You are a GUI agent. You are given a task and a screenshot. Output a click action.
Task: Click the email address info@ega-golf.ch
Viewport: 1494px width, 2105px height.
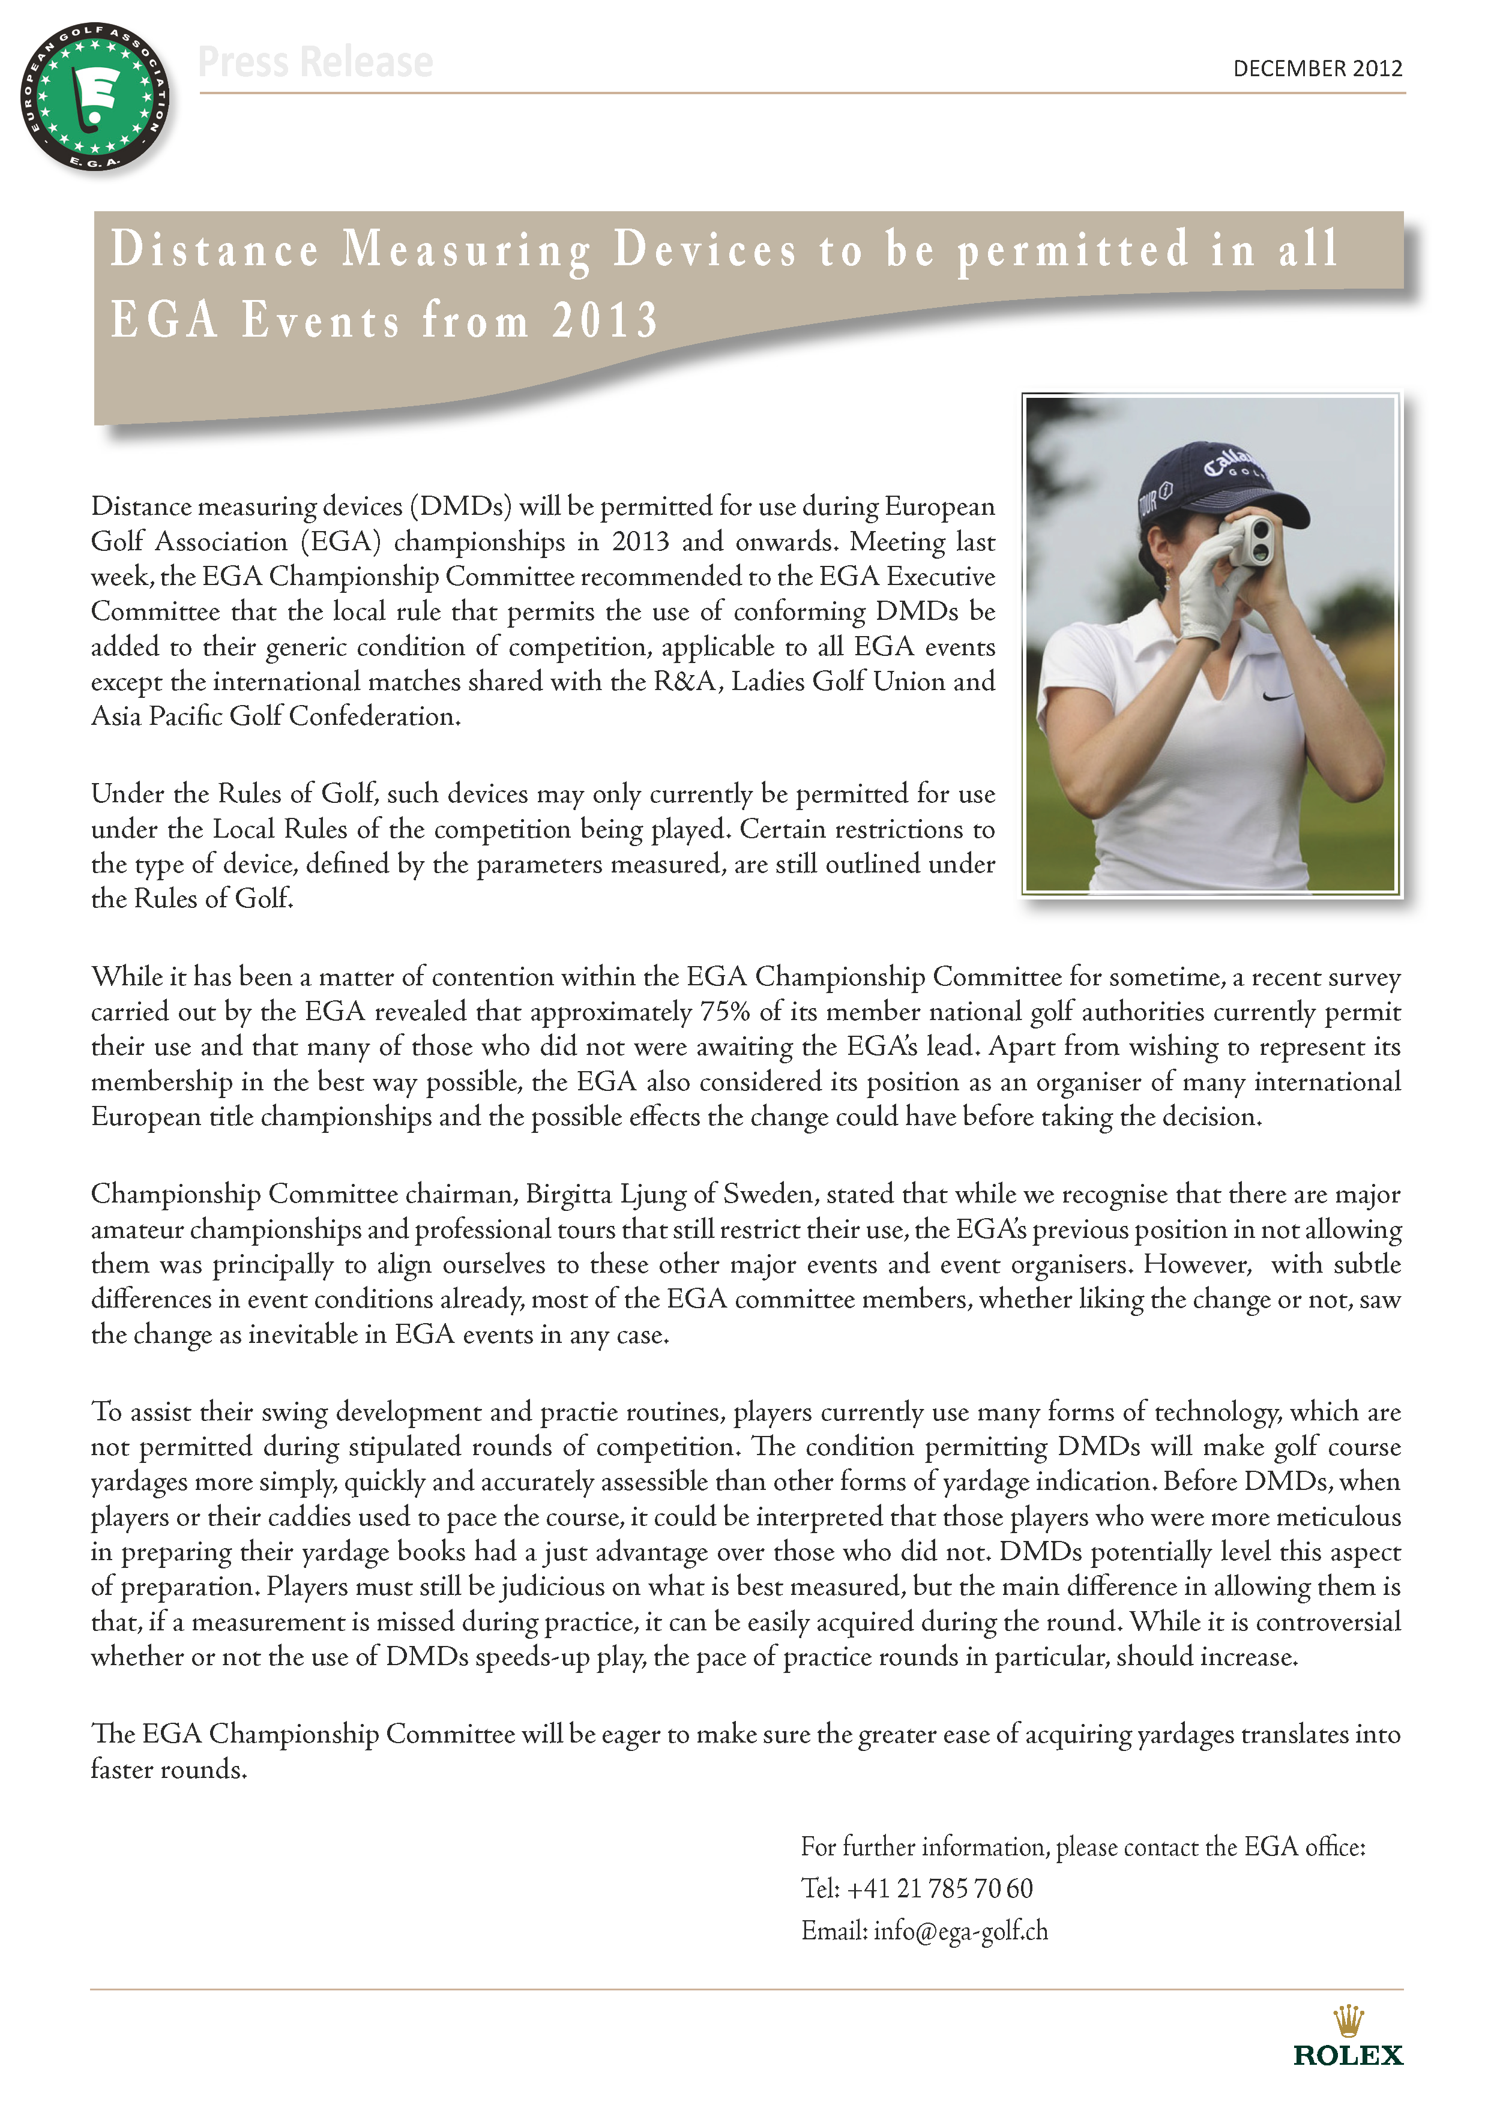pos(960,1930)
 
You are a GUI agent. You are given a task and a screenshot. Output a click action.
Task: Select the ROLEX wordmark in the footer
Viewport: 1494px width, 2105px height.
pos(1348,2055)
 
